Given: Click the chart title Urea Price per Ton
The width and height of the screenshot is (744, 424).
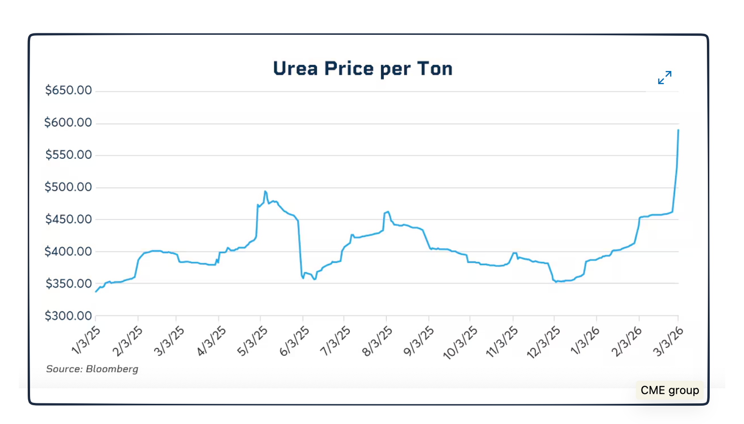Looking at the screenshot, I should [363, 69].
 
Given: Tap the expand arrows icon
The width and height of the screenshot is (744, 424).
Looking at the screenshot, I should [665, 78].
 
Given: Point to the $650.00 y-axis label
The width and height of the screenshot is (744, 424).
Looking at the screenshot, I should [69, 90].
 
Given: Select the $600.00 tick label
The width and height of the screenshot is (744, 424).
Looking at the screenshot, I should [68, 123].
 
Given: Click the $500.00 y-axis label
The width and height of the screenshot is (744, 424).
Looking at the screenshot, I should [68, 187].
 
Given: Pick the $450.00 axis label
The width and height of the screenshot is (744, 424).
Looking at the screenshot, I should [69, 219].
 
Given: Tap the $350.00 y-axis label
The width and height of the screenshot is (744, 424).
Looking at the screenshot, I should [69, 283].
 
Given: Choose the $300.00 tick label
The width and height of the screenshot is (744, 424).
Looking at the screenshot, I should [69, 315].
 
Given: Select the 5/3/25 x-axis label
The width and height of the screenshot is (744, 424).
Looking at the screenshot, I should [253, 341].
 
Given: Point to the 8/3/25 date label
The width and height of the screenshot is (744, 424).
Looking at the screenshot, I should [377, 341].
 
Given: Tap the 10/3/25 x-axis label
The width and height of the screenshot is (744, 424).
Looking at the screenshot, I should [460, 343].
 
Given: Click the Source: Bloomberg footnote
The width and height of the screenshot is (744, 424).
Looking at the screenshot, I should [92, 369].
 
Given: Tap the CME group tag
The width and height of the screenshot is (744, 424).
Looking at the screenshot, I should [670, 390].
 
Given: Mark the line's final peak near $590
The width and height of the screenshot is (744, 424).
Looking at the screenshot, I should [678, 130].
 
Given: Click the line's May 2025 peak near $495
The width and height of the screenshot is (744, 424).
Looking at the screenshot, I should [265, 191].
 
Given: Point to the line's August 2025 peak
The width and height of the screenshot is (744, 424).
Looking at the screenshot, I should [388, 212].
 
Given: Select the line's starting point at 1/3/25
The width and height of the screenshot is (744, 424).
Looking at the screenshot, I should [96, 292].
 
